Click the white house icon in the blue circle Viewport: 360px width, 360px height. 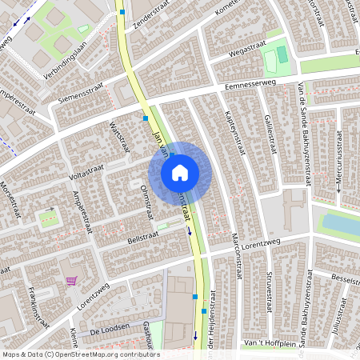click(x=180, y=172)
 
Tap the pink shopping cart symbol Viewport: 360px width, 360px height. click(x=72, y=281)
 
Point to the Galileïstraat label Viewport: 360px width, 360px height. click(x=270, y=132)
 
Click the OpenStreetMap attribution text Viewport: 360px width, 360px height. click(x=80, y=354)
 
